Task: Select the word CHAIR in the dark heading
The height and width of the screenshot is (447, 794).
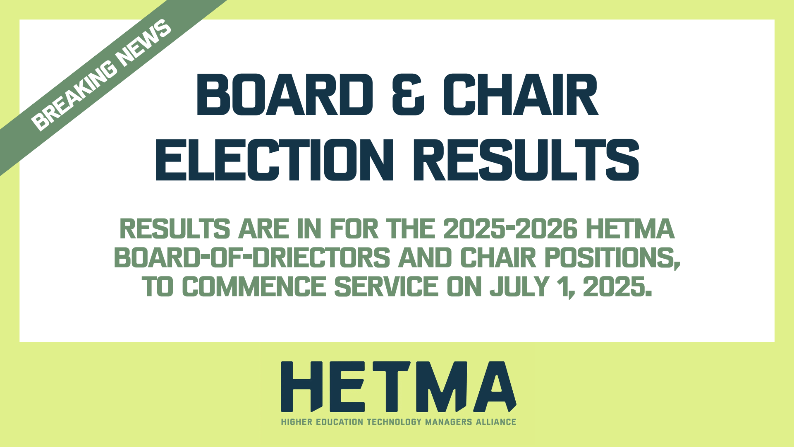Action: coord(521,95)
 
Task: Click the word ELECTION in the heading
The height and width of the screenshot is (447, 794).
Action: coord(275,160)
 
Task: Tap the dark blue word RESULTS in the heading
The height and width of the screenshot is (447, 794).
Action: coord(526,160)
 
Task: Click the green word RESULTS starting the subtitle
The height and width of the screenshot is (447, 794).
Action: coord(175,229)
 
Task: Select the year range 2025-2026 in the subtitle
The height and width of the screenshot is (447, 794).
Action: coord(510,229)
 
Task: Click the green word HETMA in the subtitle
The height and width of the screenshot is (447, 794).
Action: coord(630,229)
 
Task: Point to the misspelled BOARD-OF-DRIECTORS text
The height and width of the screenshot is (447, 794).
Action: coord(252,258)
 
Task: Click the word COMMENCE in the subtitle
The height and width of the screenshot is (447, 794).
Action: coord(254,287)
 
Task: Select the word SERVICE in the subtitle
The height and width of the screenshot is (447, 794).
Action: coord(386,287)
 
